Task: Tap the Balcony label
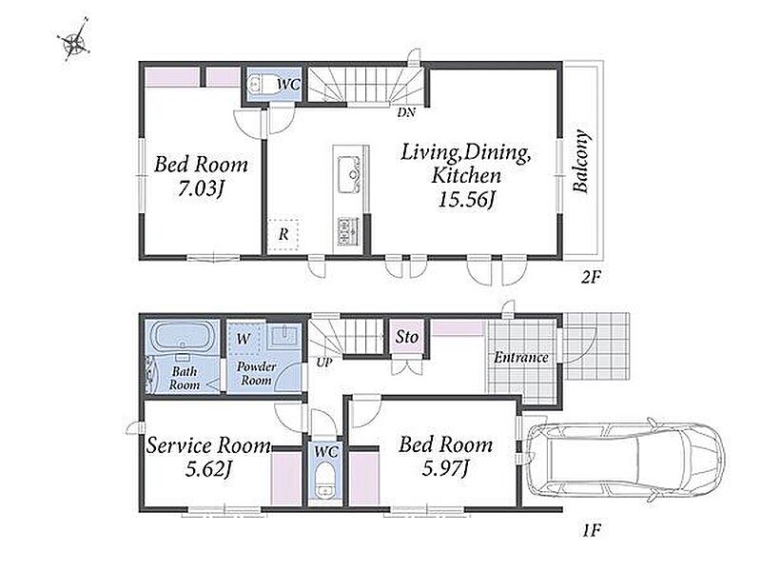[580, 162]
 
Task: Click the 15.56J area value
[466, 200]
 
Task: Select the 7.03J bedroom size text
[200, 188]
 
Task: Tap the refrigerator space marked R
[283, 234]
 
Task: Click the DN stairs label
[406, 112]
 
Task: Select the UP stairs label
[324, 362]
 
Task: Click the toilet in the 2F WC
[256, 85]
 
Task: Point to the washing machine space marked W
[244, 339]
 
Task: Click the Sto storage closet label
[406, 337]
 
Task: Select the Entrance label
[521, 358]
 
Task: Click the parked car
[625, 459]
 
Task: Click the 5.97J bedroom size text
[445, 468]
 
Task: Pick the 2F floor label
[592, 278]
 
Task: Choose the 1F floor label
[592, 531]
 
